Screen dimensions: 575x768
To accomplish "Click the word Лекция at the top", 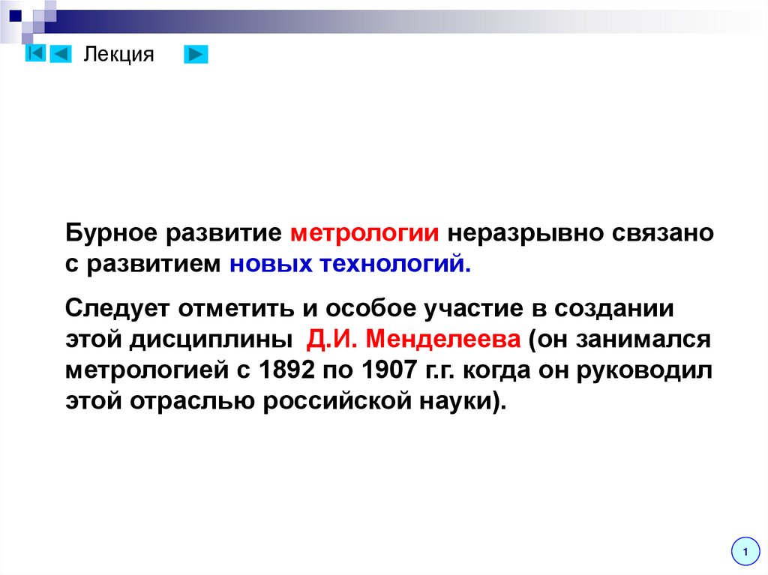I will tap(118, 55).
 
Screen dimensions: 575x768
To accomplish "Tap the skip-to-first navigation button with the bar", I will tap(34, 54).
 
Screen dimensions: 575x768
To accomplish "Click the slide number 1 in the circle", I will tap(745, 553).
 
